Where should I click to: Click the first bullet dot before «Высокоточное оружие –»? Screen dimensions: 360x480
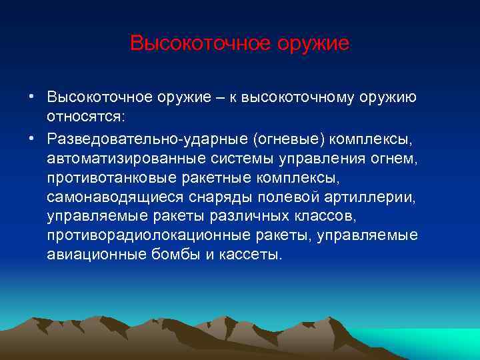[31, 97]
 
